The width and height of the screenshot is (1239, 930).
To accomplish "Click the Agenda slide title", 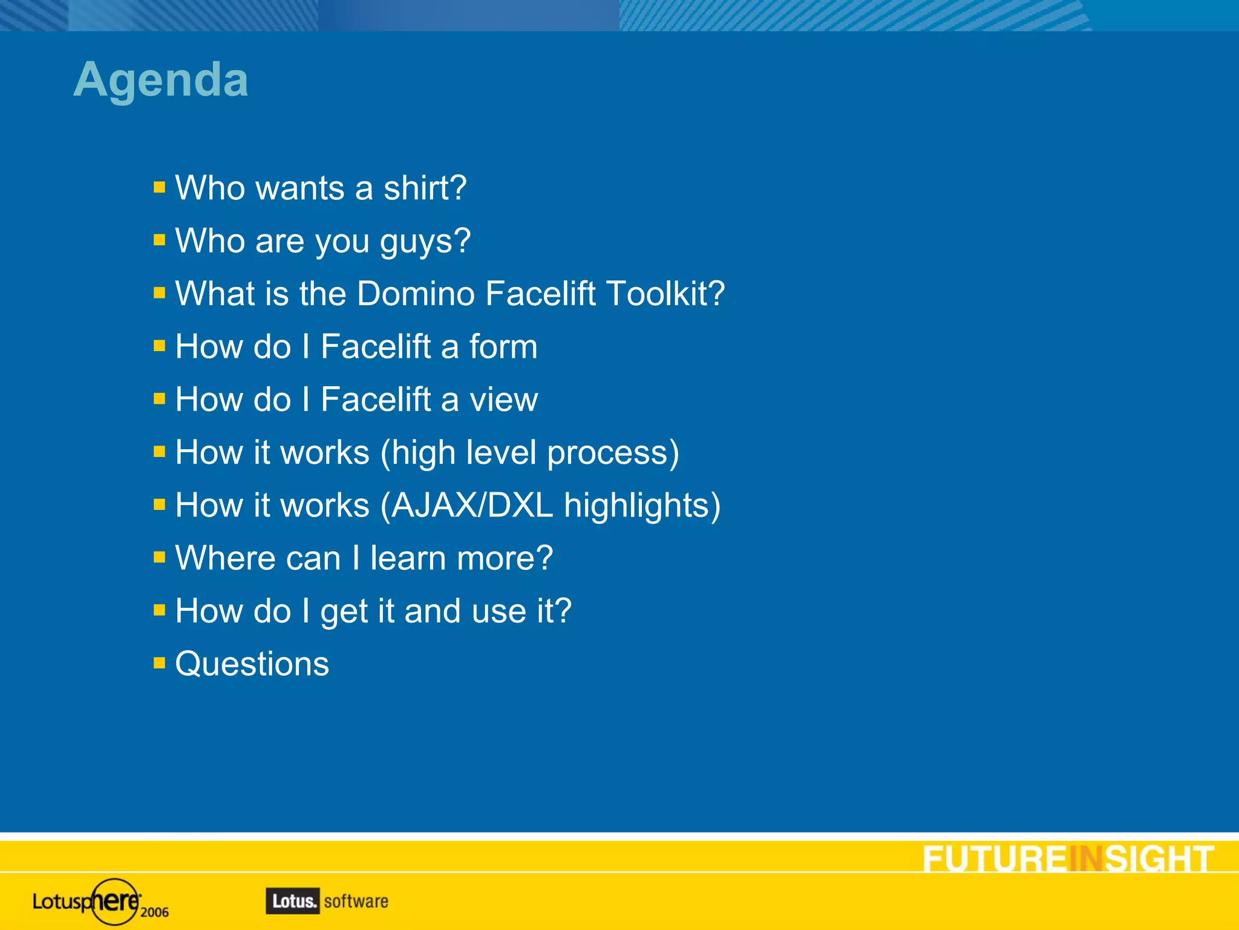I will coord(161,80).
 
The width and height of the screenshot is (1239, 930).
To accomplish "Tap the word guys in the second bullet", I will coord(424,242).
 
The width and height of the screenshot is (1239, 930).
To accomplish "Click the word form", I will coord(503,347).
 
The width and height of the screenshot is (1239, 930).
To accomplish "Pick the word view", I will coord(503,400).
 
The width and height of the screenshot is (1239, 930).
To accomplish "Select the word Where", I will coord(224,558).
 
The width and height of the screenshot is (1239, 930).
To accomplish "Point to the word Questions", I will coord(252,664).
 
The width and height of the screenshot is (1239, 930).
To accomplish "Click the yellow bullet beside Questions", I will coord(159,662).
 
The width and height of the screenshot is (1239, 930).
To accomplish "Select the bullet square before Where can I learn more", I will coord(159,556).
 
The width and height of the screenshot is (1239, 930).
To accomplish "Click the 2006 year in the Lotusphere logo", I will coord(154,912).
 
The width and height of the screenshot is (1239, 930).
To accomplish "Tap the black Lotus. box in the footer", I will coord(292,901).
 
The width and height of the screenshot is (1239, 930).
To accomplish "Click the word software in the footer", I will coord(356,902).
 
